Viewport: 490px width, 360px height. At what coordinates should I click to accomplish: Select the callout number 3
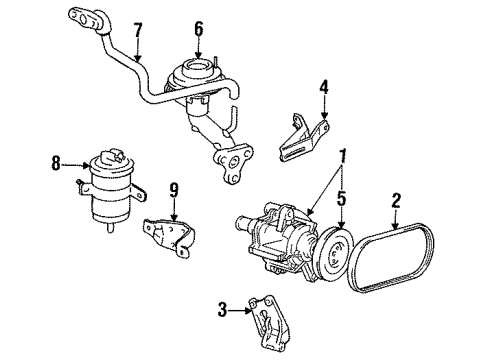tap(222, 310)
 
